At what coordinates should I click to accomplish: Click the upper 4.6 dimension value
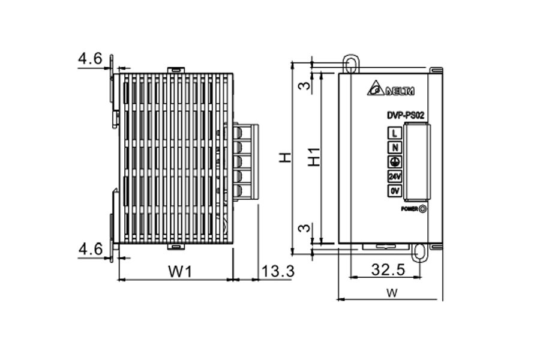89,59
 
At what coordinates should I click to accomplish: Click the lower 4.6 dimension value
89,249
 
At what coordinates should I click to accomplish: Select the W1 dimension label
179,272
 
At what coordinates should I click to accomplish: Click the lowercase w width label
391,293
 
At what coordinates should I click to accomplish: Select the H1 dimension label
313,157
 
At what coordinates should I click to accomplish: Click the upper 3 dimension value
305,86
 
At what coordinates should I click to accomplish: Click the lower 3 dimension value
305,228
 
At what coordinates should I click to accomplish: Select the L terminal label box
394,133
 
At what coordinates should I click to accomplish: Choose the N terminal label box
394,148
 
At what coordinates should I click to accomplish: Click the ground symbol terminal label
394,162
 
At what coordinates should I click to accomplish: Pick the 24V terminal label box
394,176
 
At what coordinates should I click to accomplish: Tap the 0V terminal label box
394,191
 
